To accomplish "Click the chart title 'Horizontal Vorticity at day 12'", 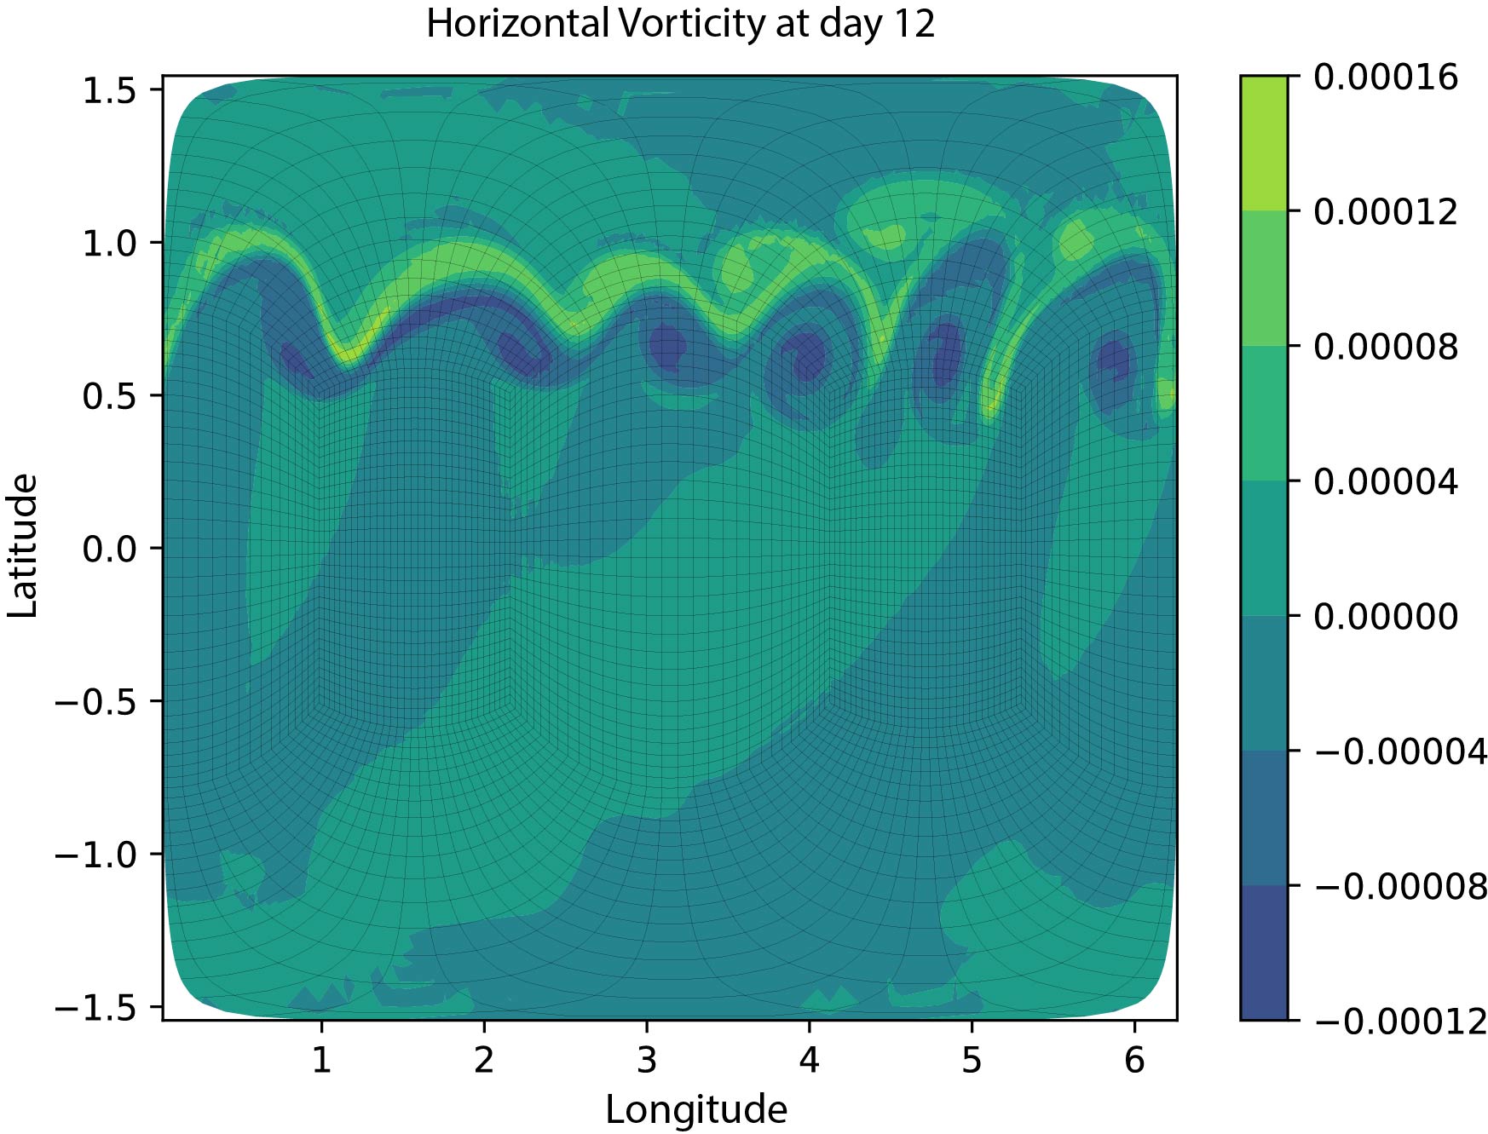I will coord(680,24).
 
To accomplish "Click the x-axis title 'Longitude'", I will coord(695,1109).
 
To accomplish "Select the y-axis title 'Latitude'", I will coord(24,546).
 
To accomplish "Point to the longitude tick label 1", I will coord(321,1060).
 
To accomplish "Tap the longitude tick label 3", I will coord(647,1060).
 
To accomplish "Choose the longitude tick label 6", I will coord(1133,1060).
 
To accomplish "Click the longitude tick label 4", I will coord(809,1060).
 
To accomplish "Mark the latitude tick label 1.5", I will coord(109,90).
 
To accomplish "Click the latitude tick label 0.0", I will coord(109,549).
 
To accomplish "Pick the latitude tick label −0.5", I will coord(95,702).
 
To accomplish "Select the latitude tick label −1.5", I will coord(95,1008).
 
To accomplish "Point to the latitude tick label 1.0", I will coord(109,244).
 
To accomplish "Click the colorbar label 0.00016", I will coord(1386,78).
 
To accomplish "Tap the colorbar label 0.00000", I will coord(1386,617).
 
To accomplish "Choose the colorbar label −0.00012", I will coord(1401,1021).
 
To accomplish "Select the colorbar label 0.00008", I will coord(1386,348).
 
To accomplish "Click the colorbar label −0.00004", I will coord(1401,752).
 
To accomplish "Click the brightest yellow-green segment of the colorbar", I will coord(1264,143).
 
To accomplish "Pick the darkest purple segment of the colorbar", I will coord(1264,953).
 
